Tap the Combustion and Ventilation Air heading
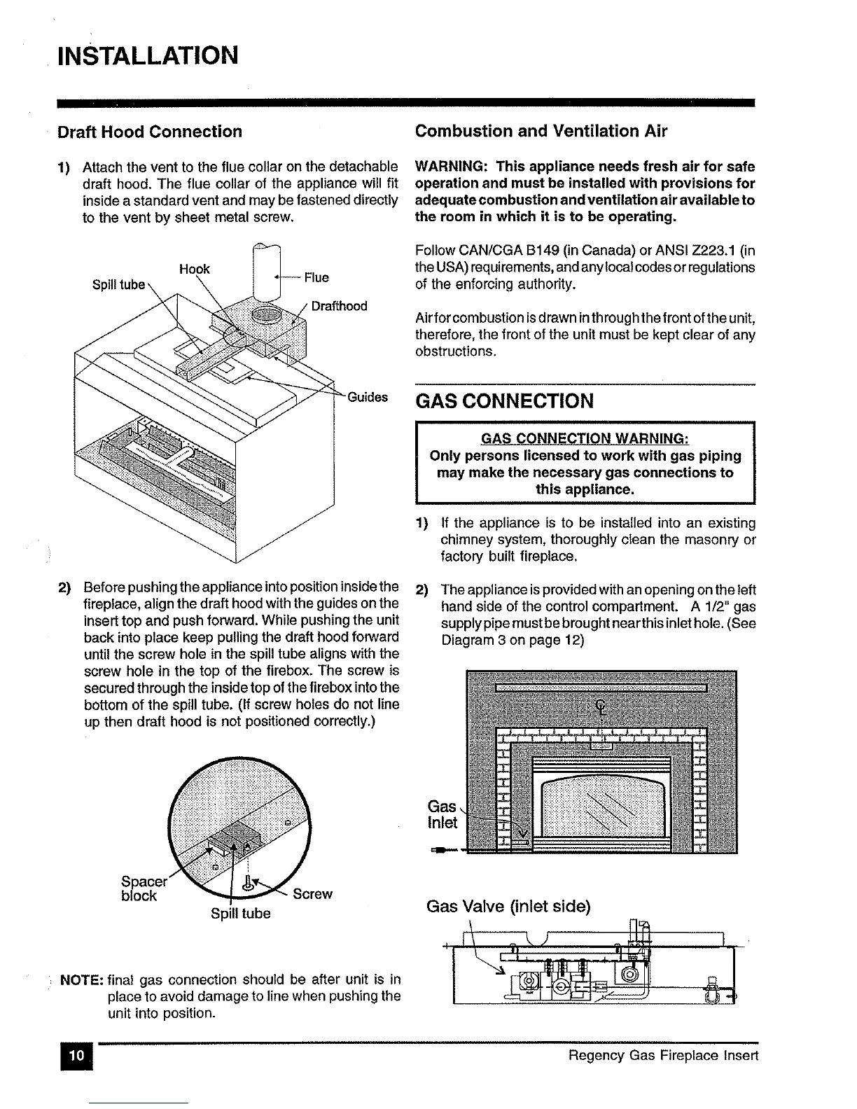coord(541,131)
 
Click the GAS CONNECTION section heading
coord(504,401)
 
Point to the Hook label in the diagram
coord(195,269)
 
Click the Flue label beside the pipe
coord(316,277)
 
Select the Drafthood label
coord(339,306)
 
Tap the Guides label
coord(368,397)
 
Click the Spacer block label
coord(139,888)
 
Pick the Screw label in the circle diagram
coord(312,894)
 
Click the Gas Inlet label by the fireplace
coord(442,814)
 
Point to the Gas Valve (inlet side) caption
coord(508,907)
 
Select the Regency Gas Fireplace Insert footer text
coord(663,1055)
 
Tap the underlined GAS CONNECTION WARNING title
coord(585,438)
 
